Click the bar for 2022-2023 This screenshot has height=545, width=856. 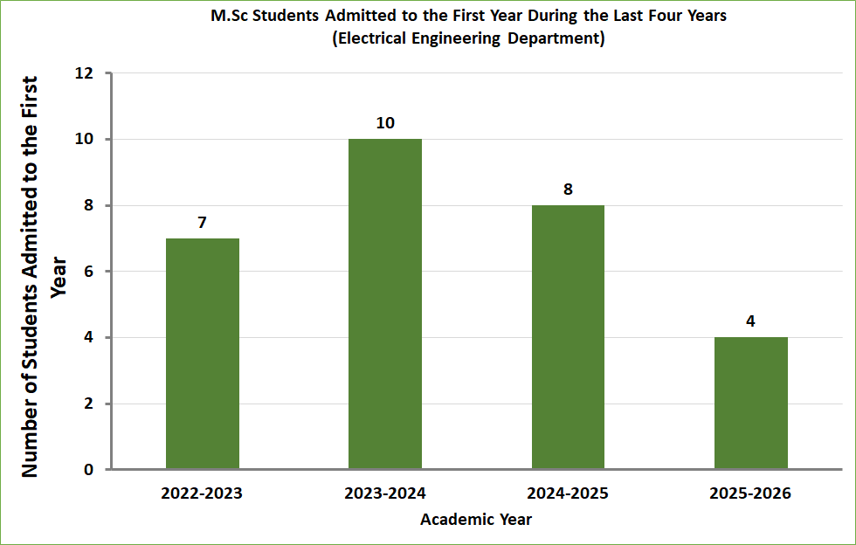[x=202, y=354]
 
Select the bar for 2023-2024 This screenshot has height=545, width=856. [x=385, y=304]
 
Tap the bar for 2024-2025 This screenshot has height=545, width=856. [x=568, y=337]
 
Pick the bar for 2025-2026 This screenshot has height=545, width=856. [x=750, y=403]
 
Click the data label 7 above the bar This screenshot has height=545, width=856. [x=202, y=223]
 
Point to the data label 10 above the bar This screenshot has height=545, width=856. [x=385, y=123]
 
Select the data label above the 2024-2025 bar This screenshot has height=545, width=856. [x=568, y=190]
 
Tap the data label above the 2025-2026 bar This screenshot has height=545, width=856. [x=750, y=321]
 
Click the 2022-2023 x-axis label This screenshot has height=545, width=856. [x=202, y=493]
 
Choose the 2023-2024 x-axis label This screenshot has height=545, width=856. [x=385, y=493]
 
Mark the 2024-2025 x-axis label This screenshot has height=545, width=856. [x=568, y=493]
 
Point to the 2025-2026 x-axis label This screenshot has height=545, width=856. [x=750, y=493]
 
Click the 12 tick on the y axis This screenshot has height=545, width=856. [x=85, y=73]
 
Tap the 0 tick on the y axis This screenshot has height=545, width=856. [x=89, y=470]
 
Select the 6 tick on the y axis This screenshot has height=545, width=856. [x=89, y=272]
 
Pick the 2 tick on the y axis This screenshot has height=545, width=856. [x=89, y=404]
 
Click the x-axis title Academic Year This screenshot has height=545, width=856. [x=476, y=520]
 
